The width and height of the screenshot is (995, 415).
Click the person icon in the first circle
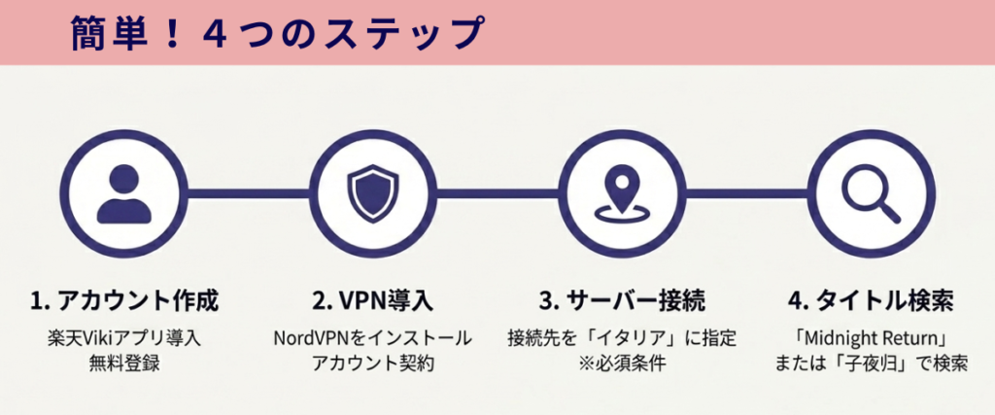[124, 192]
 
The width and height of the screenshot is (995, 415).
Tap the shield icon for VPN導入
[370, 192]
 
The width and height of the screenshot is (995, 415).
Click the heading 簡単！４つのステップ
[276, 34]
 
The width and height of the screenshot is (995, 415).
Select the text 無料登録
[123, 365]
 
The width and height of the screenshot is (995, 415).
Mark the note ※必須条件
[622, 365]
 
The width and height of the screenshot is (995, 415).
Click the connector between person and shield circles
[247, 193]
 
